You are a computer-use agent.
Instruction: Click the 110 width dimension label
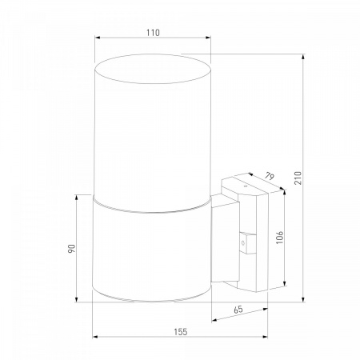click(153, 33)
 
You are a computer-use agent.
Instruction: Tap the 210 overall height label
click(298, 178)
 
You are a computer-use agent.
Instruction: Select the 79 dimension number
click(270, 176)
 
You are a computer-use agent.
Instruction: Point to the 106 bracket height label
click(279, 238)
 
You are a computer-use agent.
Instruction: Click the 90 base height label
click(72, 249)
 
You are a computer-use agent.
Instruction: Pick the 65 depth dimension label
click(238, 310)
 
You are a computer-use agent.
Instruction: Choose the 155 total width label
click(181, 332)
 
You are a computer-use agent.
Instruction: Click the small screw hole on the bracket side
click(242, 243)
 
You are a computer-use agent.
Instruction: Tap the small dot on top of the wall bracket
click(246, 186)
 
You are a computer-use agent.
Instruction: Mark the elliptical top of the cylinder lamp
click(153, 69)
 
